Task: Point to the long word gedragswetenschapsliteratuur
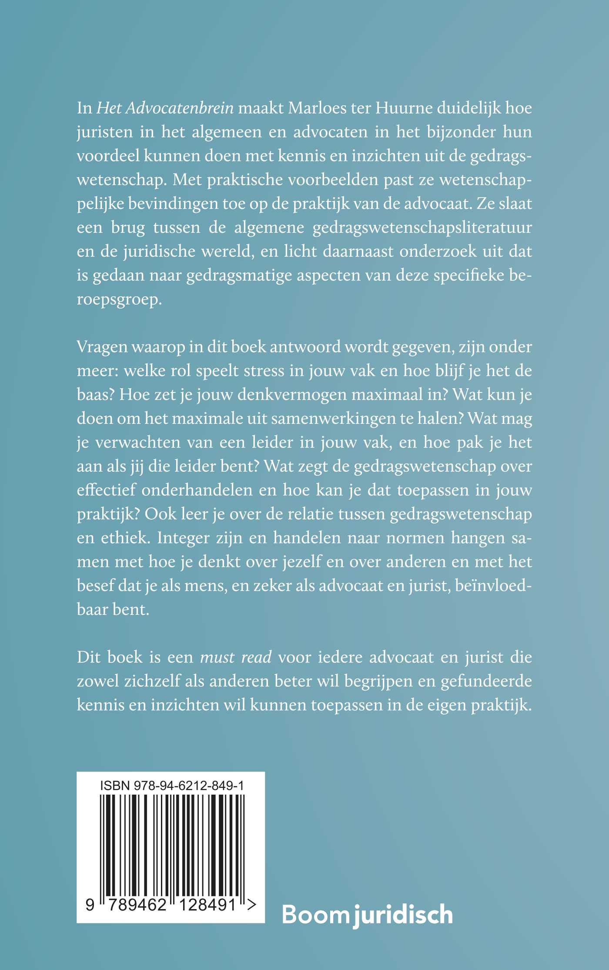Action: (422, 228)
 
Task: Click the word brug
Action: (127, 228)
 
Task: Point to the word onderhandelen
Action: (197, 490)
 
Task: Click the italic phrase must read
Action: (236, 657)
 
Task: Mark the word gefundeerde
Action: (486, 681)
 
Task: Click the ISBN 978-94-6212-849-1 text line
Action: (171, 785)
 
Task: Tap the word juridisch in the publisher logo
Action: (403, 915)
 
